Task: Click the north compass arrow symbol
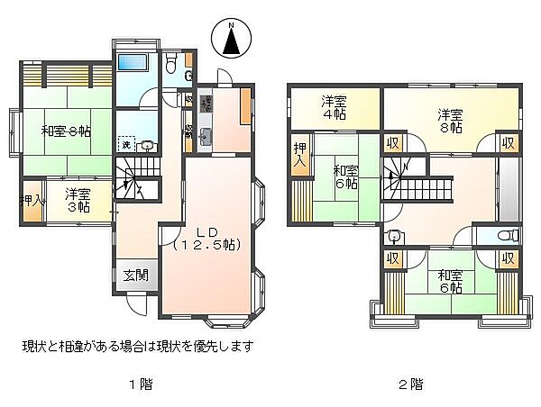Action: [231, 40]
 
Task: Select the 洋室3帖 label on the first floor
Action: [78, 199]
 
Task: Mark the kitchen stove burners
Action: [206, 104]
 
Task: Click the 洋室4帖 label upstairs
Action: [335, 108]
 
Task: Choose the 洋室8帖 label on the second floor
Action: [450, 122]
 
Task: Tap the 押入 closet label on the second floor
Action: [298, 155]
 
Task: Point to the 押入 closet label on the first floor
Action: [32, 200]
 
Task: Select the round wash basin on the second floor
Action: [393, 237]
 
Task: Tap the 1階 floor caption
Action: [139, 384]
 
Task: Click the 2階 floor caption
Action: [410, 384]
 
